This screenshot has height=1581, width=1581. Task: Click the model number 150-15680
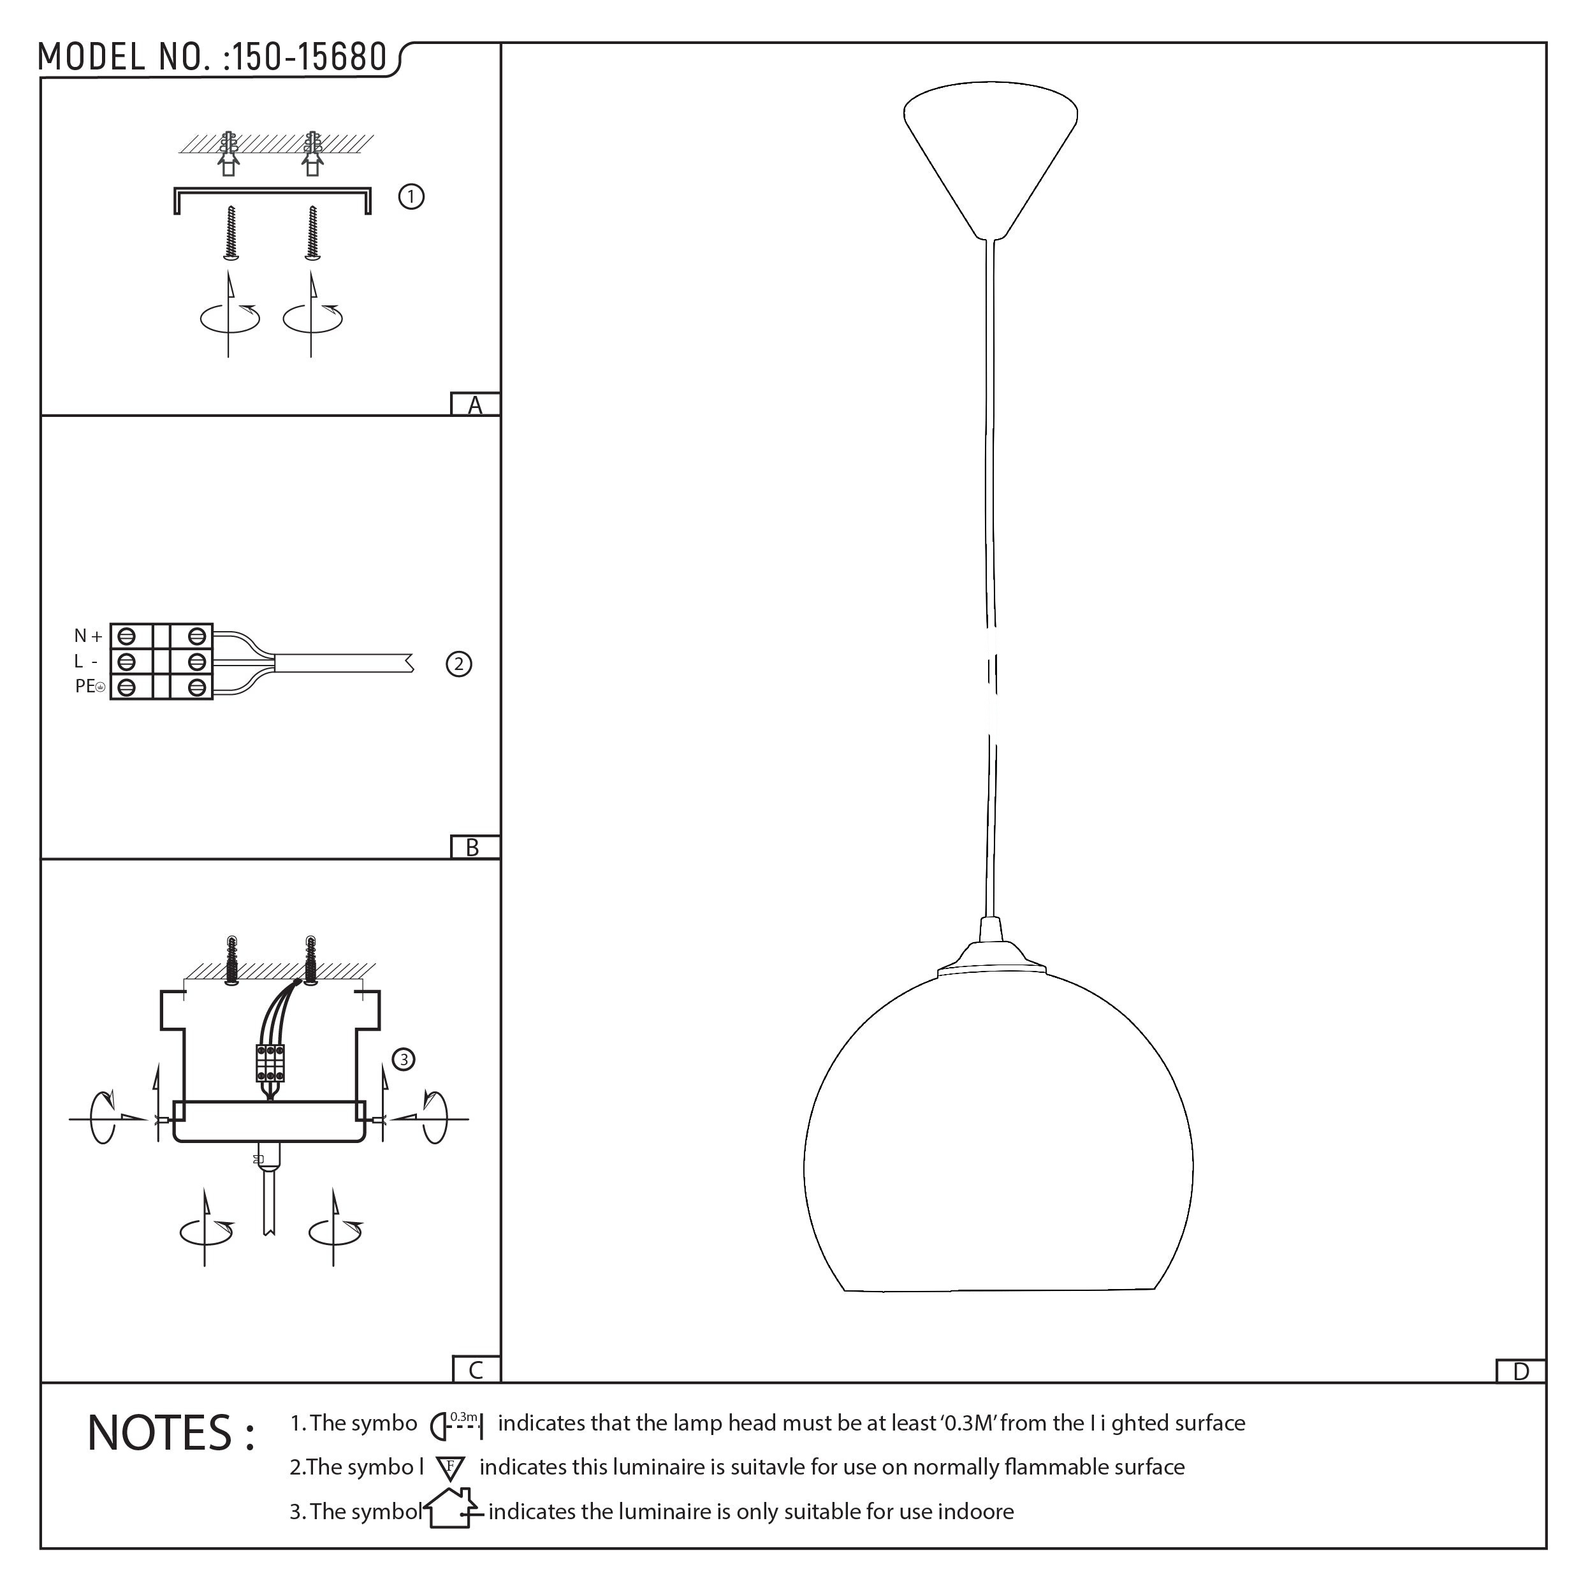pyautogui.click(x=309, y=57)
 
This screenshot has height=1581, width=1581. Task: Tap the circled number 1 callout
pyautogui.click(x=411, y=197)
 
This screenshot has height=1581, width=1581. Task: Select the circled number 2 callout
pyautogui.click(x=459, y=664)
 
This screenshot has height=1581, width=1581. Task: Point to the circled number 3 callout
pyautogui.click(x=404, y=1060)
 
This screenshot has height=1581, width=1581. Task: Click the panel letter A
pyautogui.click(x=475, y=405)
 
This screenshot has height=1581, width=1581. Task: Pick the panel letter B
pyautogui.click(x=472, y=848)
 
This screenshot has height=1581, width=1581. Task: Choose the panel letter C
pyautogui.click(x=476, y=1370)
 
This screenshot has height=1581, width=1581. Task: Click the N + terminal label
pyautogui.click(x=89, y=636)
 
